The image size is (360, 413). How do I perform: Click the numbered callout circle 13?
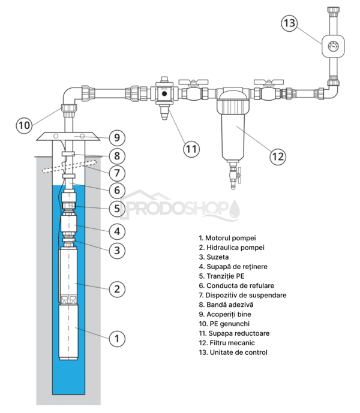pyautogui.click(x=290, y=23)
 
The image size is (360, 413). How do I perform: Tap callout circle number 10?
pyautogui.click(x=24, y=125)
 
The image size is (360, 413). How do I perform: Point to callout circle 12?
pyautogui.click(x=277, y=157)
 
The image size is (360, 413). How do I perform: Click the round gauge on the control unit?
pyautogui.click(x=331, y=45)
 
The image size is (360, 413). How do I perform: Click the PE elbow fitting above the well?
pyautogui.click(x=70, y=97)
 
